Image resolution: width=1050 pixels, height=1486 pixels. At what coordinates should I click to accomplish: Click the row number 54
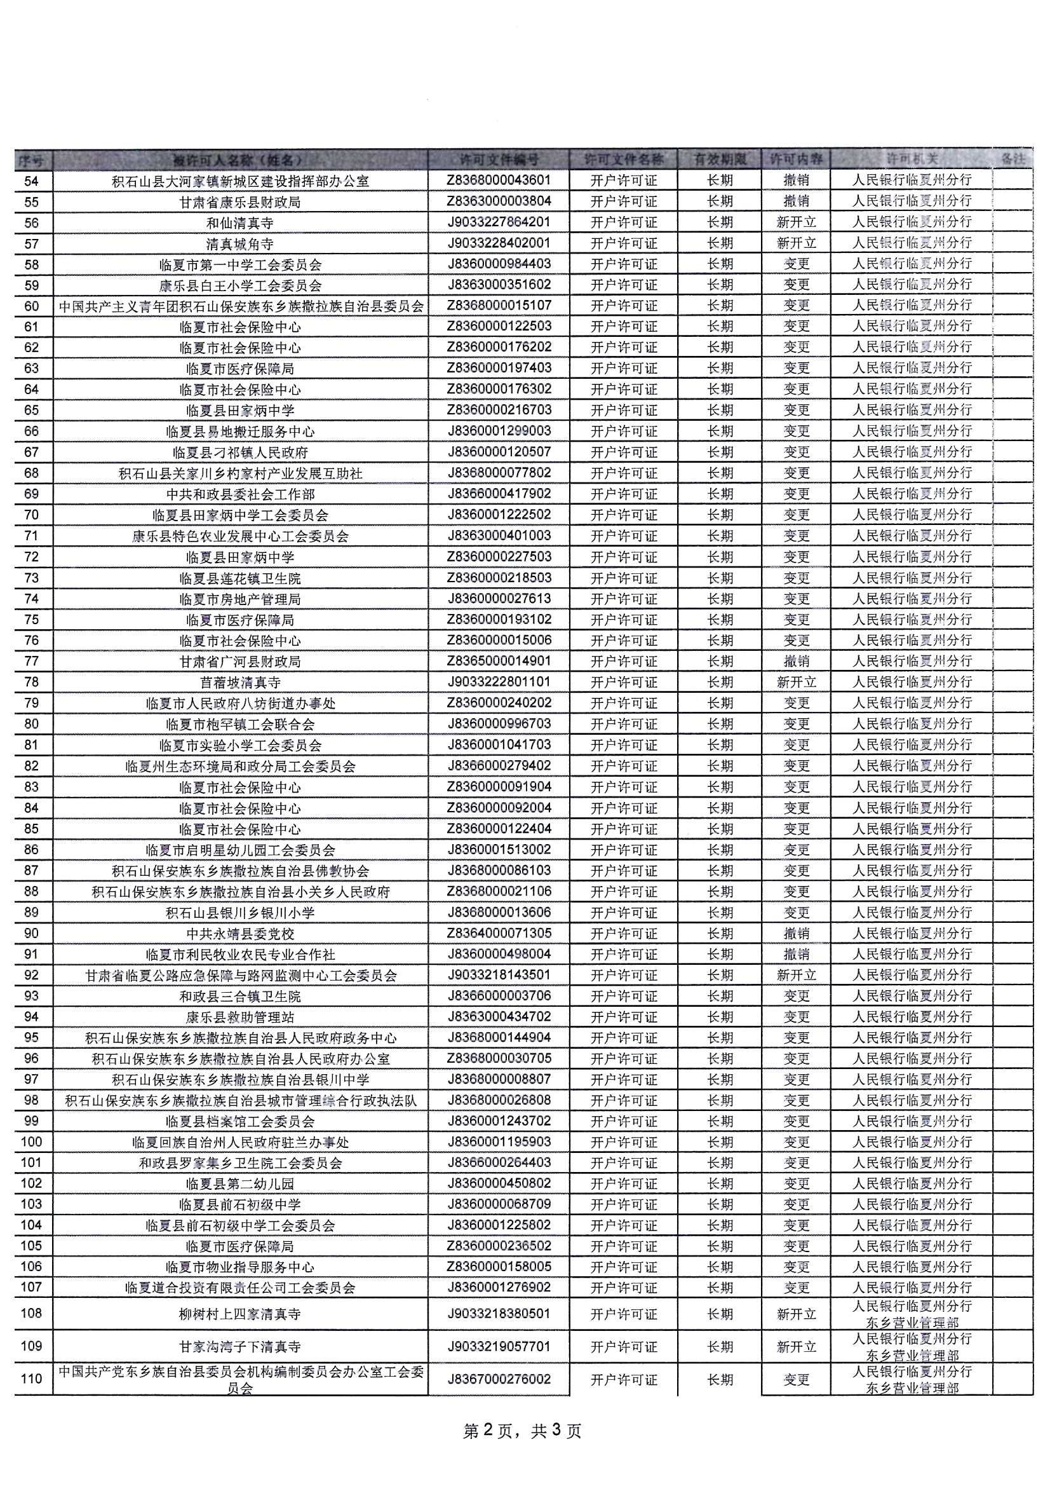[31, 181]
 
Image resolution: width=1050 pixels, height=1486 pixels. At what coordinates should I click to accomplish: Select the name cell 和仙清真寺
[240, 223]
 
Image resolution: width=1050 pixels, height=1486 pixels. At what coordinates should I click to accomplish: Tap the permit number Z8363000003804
[498, 201]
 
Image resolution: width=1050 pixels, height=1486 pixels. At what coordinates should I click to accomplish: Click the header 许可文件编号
[498, 159]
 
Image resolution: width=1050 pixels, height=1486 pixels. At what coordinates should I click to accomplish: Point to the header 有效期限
[720, 159]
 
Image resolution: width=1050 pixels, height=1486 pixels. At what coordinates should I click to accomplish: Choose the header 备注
[1013, 159]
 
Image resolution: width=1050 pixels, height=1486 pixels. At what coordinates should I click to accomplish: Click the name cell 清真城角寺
[240, 244]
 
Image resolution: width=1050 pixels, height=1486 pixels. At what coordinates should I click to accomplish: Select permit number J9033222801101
[498, 682]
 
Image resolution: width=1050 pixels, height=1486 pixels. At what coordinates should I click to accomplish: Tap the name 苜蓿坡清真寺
[240, 683]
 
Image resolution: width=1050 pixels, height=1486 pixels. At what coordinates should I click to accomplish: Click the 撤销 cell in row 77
[797, 662]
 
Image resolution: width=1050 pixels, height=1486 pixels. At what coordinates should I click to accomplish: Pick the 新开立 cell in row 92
[797, 976]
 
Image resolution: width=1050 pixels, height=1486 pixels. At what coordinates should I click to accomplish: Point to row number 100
[31, 1142]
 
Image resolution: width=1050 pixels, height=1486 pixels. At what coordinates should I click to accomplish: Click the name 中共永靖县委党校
[240, 934]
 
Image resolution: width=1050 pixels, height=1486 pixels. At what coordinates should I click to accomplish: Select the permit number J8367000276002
[498, 1379]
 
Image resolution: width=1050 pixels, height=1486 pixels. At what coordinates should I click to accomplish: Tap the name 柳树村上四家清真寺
[240, 1314]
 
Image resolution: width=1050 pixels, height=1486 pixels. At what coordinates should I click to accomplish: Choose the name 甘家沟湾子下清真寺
[240, 1347]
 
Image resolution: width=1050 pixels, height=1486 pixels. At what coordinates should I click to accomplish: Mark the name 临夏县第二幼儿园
[240, 1184]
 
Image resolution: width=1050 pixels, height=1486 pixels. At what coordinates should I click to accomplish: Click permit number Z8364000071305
[498, 933]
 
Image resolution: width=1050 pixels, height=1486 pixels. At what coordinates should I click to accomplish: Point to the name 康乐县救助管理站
[240, 1018]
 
